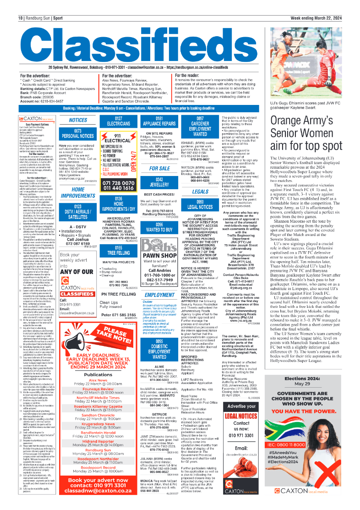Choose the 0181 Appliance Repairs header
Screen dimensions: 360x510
click(x=159, y=121)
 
